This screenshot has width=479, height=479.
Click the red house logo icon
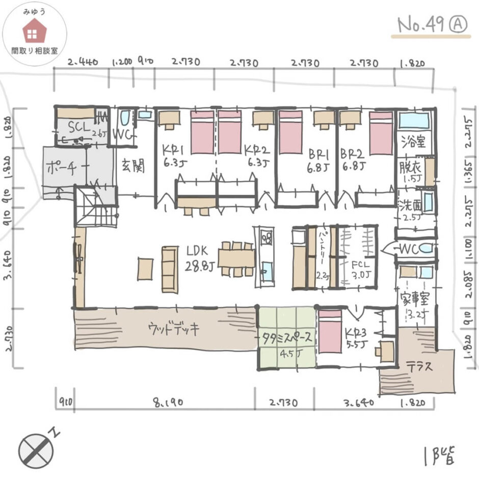(x=34, y=30)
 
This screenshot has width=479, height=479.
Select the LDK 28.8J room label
(x=200, y=257)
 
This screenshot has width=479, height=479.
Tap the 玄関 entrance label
(x=134, y=165)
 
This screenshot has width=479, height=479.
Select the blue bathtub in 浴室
(x=415, y=121)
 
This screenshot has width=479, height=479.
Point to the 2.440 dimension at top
(x=83, y=63)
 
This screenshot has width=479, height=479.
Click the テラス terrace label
(x=419, y=366)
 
